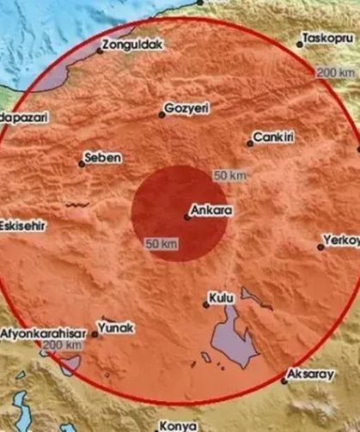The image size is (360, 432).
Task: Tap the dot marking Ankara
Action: [188, 216]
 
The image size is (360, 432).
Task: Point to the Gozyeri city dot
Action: [161, 114]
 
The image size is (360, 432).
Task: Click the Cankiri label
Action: [273, 137]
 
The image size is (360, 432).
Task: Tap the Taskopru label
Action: [329, 40]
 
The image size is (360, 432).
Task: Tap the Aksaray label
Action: [314, 374]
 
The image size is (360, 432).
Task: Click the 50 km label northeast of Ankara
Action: [230, 176]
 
